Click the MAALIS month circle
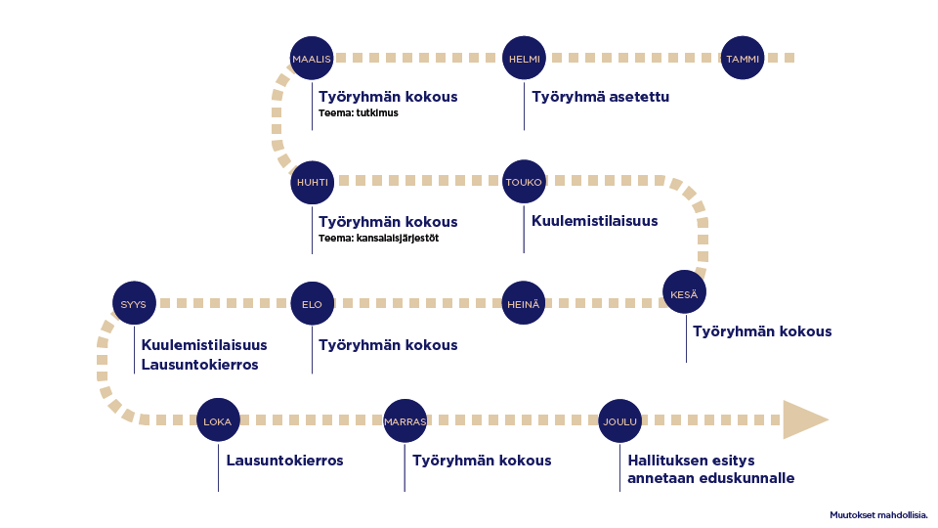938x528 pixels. [312, 59]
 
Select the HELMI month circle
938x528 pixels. [524, 59]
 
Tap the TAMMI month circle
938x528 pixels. [742, 59]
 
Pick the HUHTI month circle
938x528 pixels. [312, 182]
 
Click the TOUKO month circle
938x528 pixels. [524, 182]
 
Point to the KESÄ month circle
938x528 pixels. [684, 292]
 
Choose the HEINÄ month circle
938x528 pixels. [524, 304]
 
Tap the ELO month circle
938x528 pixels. [312, 304]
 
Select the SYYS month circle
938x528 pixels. [133, 304]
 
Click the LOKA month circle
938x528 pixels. [217, 421]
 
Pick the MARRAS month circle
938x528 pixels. [405, 421]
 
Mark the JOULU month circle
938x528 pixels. [619, 421]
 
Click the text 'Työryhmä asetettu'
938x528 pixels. [600, 97]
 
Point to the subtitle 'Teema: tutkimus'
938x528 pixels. [358, 113]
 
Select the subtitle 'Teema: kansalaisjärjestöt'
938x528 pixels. [378, 238]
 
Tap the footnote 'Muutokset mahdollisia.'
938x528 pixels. [877, 514]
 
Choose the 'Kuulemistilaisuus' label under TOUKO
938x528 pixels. [594, 221]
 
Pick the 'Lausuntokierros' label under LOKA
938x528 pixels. [284, 461]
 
